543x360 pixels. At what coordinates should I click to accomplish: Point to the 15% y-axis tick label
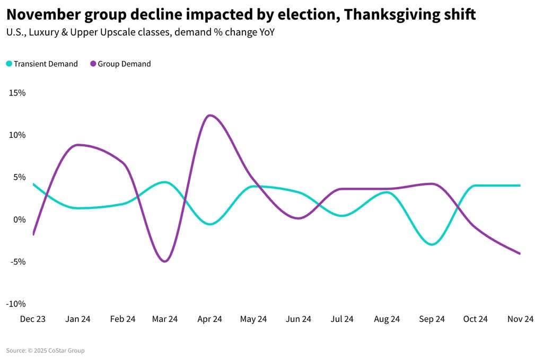point(17,93)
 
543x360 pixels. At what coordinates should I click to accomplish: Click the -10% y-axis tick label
point(16,304)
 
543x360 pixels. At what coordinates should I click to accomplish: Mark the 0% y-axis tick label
point(19,219)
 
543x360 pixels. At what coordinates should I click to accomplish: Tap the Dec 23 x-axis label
point(33,319)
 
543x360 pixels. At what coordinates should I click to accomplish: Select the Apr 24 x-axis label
point(209,319)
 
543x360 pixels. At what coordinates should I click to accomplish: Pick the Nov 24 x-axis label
point(520,319)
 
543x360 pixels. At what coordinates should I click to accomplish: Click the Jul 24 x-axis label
point(342,319)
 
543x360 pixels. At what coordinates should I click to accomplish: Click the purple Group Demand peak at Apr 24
point(210,115)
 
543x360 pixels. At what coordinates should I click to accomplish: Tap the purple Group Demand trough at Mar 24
point(165,261)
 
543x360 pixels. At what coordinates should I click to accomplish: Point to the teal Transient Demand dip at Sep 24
point(432,244)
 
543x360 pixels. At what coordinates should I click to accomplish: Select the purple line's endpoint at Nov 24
point(520,253)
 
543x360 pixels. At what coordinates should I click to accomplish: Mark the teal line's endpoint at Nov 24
point(520,186)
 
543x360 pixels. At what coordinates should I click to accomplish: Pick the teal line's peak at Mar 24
point(165,182)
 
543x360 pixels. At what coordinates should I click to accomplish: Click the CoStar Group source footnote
point(46,350)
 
